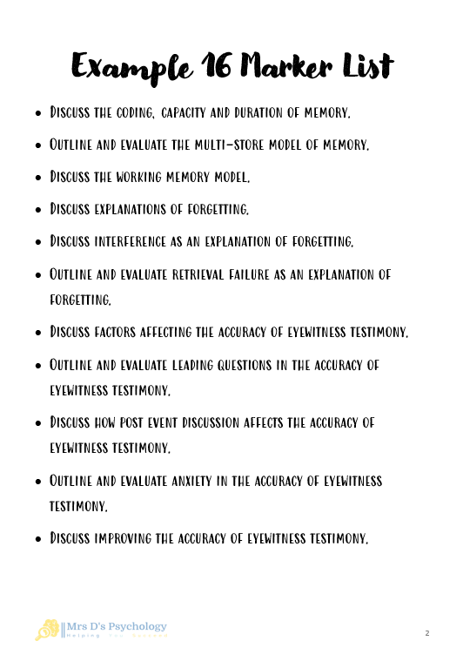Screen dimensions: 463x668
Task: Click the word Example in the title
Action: click(x=122, y=65)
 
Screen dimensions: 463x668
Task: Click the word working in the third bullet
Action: click(x=131, y=178)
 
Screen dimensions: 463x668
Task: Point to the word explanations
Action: click(x=135, y=210)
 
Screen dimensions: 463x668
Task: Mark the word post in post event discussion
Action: click(x=144, y=422)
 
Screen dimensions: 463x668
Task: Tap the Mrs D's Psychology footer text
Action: click(x=117, y=626)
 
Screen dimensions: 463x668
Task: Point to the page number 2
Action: click(x=427, y=633)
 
